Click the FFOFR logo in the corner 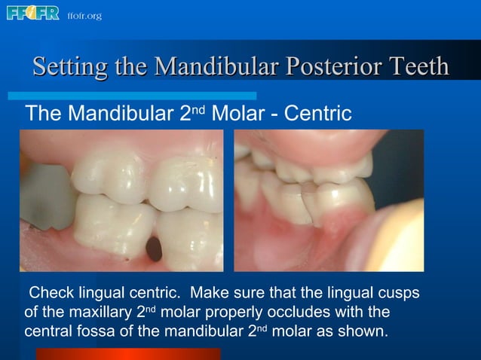tap(32, 14)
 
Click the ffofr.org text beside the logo tap(84, 15)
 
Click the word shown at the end tap(367, 331)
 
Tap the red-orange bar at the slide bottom tap(127, 354)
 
